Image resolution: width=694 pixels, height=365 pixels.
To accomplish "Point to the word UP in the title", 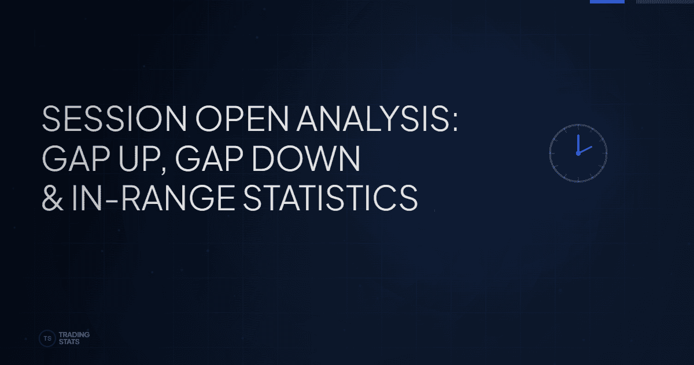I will pyautogui.click(x=132, y=160).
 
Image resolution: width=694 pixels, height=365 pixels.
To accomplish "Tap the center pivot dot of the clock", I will pyautogui.click(x=578, y=154).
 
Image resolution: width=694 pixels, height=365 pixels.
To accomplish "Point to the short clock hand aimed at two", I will pyautogui.click(x=585, y=150).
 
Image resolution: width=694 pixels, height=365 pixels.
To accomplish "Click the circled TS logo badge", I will pyautogui.click(x=46, y=338).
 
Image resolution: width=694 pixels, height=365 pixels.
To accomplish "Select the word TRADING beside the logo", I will pyautogui.click(x=74, y=335).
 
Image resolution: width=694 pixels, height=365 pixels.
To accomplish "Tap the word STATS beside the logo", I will pyautogui.click(x=69, y=342).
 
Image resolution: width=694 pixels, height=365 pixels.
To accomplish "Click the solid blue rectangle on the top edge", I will pyautogui.click(x=607, y=2).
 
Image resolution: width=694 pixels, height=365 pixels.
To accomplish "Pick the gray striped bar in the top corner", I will pyautogui.click(x=665, y=2).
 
